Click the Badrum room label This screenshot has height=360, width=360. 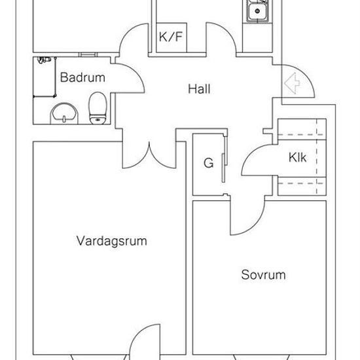pyautogui.click(x=82, y=77)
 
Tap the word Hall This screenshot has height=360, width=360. pyautogui.click(x=199, y=89)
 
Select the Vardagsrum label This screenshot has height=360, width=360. pyautogui.click(x=111, y=242)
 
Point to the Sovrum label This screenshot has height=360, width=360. pyautogui.click(x=263, y=275)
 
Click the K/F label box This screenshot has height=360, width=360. pyautogui.click(x=171, y=37)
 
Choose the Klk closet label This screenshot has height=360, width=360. pyautogui.click(x=297, y=158)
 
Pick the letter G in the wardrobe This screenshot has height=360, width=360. pyautogui.click(x=208, y=163)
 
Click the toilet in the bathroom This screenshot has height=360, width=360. pyautogui.click(x=98, y=108)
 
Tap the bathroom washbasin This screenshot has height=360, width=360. pyautogui.click(x=64, y=114)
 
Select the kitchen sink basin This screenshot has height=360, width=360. pyautogui.click(x=257, y=10)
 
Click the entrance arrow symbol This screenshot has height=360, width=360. pyautogui.click(x=292, y=83)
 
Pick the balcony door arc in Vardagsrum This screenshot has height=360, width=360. pyautogui.click(x=139, y=334)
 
